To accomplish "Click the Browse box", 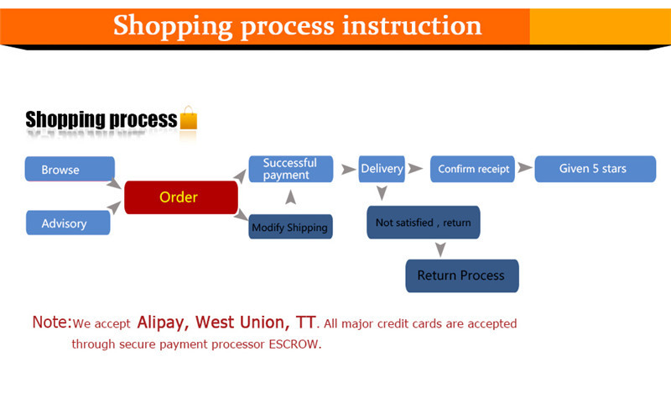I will click(70, 169).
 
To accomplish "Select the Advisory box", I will click(68, 223).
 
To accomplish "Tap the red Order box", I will click(180, 197).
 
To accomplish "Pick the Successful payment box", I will click(289, 169).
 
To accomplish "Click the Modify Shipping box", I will click(289, 227).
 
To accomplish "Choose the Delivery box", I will click(382, 169).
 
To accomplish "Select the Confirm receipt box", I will click(473, 169).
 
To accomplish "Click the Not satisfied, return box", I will click(423, 223).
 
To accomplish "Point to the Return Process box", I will click(461, 275).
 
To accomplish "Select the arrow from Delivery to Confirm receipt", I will click(416, 169).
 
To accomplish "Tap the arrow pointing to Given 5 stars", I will click(525, 168).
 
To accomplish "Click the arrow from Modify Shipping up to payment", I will click(290, 198).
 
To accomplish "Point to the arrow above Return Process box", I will click(440, 249).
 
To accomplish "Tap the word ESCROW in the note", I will click(294, 344).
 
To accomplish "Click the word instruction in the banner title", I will click(411, 25).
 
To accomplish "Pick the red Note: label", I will click(52, 323).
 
